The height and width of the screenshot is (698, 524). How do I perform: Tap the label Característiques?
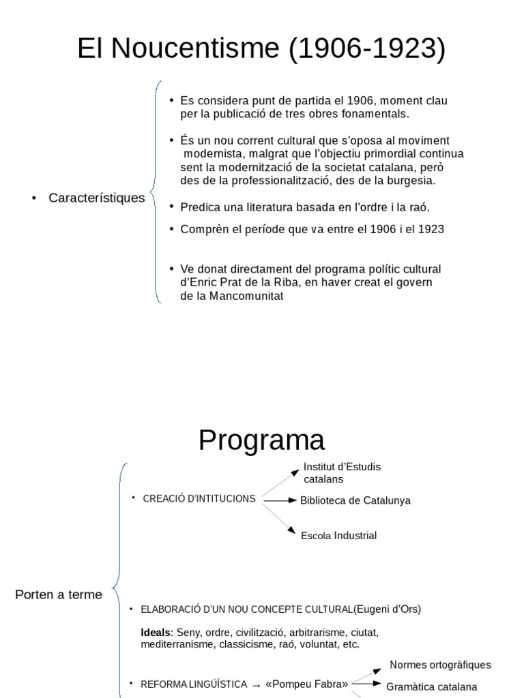97,198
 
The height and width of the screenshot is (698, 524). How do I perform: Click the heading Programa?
261,440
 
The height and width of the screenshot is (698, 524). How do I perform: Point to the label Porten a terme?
59,594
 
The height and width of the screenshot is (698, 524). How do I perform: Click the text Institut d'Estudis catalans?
342,472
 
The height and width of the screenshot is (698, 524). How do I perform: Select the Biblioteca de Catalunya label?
355,500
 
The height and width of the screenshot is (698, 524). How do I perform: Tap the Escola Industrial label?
339,536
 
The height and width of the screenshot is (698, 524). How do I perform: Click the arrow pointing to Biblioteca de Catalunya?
280,500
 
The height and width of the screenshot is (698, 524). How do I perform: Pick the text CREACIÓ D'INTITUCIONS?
199,499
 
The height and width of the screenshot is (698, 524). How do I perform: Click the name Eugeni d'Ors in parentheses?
388,609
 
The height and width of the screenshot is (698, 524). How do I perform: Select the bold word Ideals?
156,633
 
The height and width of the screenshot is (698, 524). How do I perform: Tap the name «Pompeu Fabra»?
306,684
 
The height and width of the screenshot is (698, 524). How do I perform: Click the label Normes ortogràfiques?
440,665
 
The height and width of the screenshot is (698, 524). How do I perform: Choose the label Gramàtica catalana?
432,687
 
